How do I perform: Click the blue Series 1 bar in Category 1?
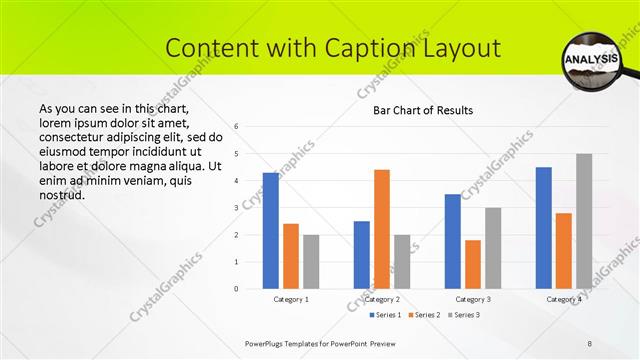point(270,231)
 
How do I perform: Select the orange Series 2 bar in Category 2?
point(382,229)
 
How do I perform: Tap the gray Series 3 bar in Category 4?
point(584,221)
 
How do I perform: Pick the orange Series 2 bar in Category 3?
point(473,264)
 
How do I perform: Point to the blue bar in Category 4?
point(543,228)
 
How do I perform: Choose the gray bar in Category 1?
point(311,262)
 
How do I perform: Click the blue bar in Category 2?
point(361,255)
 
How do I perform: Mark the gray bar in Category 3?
point(493,248)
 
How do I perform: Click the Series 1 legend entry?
point(387,315)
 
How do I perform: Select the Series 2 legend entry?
point(428,315)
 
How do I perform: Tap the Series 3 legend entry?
point(467,315)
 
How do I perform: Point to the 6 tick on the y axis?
point(236,126)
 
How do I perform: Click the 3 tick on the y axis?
point(236,207)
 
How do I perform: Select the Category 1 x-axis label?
point(291,299)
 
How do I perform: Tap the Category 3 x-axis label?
point(473,299)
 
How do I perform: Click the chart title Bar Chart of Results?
point(423,110)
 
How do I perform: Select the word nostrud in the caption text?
point(61,194)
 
